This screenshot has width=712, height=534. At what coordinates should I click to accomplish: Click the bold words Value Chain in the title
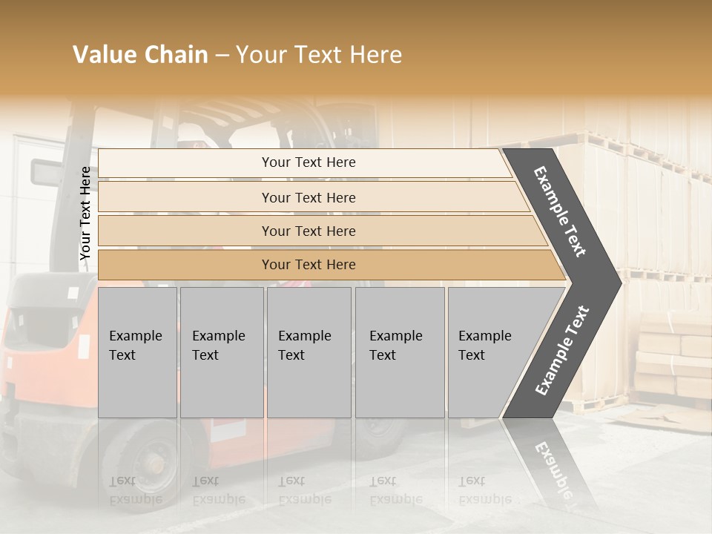coord(140,55)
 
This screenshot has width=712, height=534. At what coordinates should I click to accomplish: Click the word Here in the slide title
coord(375,55)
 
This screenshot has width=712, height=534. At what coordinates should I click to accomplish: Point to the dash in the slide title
coord(222,56)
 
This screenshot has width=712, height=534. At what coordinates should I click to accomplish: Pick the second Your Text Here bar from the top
coord(309,197)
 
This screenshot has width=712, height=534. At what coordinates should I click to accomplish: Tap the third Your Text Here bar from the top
coord(309,231)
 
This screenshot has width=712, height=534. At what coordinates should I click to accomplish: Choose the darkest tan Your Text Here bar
coord(309,265)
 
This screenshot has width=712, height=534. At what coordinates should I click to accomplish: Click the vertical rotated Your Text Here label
coord(85,213)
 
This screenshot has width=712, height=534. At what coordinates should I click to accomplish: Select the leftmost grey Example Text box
coord(137,352)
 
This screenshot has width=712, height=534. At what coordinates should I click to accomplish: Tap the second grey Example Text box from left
coord(222,352)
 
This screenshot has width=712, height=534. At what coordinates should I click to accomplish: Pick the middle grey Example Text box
coord(309,352)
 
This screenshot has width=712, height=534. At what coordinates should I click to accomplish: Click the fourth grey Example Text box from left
coord(400,352)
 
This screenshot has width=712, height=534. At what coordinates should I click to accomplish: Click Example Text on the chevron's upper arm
coord(560,211)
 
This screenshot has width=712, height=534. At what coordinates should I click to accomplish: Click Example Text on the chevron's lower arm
coord(562,350)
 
